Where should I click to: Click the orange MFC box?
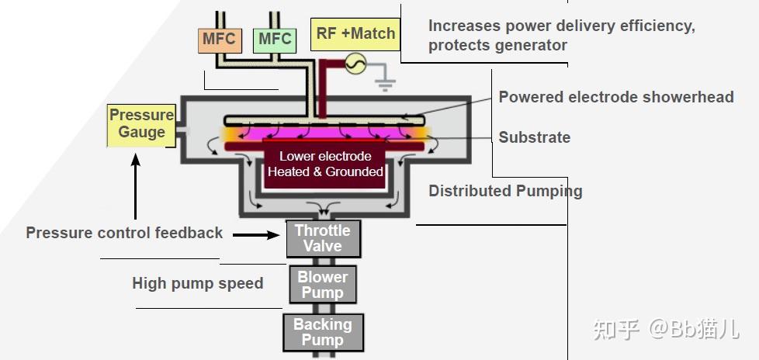pos(220,40)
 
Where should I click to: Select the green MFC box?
pos(275,40)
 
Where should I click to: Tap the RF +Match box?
pos(355,34)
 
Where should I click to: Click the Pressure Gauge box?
pos(141,125)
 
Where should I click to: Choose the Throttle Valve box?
pos(323,238)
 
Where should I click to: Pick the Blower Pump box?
pos(323,285)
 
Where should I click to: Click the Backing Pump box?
pos(323,332)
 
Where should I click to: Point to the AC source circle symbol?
pos(355,64)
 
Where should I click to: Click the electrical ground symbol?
pos(385,84)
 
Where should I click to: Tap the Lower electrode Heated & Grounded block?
pos(325,164)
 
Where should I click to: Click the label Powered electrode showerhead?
pos(616,97)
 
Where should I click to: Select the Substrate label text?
pos(535,137)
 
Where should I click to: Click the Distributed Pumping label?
pos(505,191)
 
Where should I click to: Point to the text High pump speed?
pos(197,283)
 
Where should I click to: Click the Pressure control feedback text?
pos(124,233)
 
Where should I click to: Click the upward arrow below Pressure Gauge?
pos(136,185)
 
